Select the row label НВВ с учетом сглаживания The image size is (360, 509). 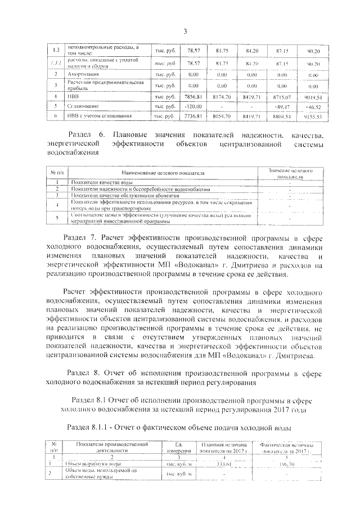click(100, 116)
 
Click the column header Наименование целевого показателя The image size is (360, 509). click(162, 173)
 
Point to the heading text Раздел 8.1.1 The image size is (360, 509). click(92, 426)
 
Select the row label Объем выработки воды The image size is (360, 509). click(91, 464)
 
